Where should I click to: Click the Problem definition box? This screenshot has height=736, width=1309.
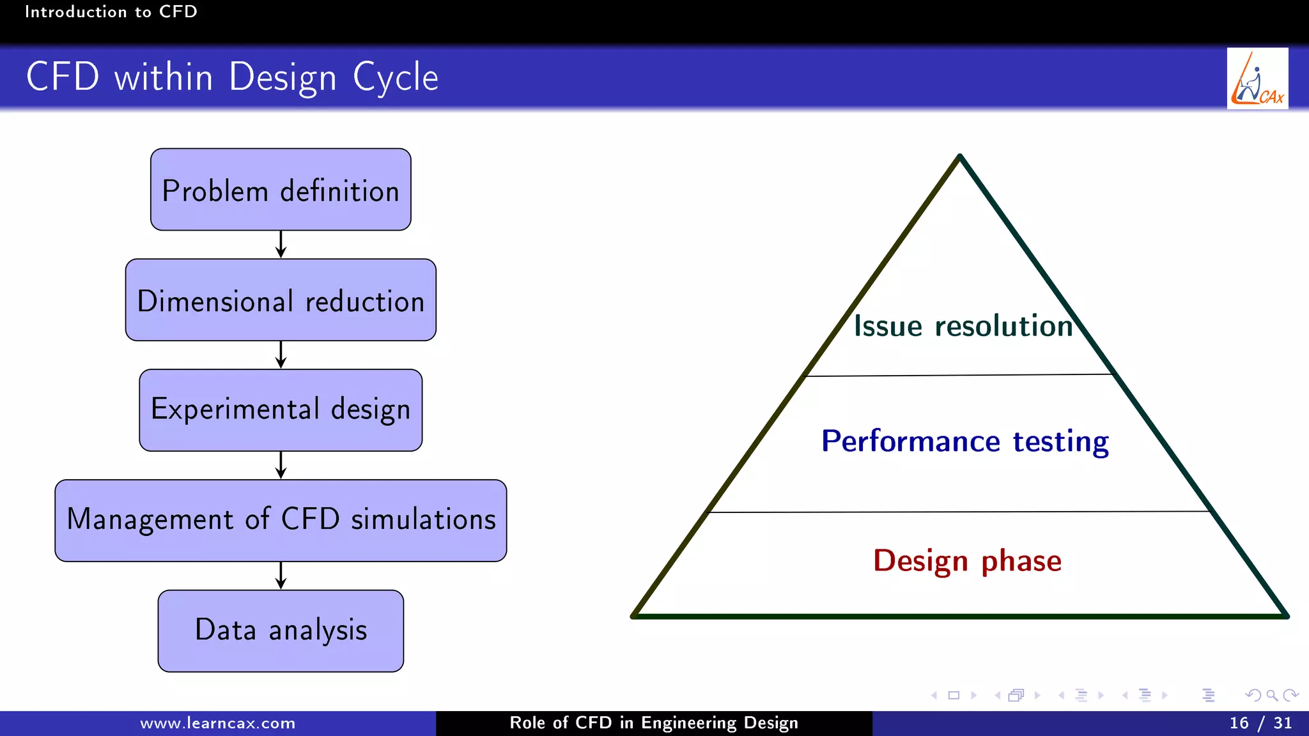(x=281, y=190)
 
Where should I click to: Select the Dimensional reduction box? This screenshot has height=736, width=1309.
(x=281, y=300)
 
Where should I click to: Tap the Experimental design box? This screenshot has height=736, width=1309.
(x=281, y=410)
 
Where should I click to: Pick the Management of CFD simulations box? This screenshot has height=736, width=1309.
(x=281, y=521)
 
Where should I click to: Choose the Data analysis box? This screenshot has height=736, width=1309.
(x=281, y=631)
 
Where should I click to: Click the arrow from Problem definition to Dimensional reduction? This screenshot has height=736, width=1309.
(x=281, y=245)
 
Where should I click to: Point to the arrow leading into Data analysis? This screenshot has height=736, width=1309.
(x=281, y=576)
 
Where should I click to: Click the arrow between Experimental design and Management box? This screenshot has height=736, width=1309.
(x=281, y=465)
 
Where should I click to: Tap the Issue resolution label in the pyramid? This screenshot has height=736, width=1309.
(x=963, y=326)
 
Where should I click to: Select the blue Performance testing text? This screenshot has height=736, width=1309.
(x=964, y=441)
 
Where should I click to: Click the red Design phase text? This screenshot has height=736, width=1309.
(x=967, y=561)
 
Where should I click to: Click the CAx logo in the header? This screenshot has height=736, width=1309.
(x=1257, y=79)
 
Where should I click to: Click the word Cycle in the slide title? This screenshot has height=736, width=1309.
(x=395, y=77)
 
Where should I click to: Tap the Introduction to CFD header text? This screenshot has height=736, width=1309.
(x=111, y=11)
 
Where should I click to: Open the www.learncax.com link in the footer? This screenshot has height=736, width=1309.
(x=217, y=723)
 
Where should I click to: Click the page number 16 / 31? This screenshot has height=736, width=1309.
(x=1260, y=723)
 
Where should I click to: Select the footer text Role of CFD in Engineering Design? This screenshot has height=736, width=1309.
(x=654, y=723)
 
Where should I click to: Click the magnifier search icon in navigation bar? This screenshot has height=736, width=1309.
(x=1272, y=695)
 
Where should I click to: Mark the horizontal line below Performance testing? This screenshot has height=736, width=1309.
(x=959, y=512)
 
